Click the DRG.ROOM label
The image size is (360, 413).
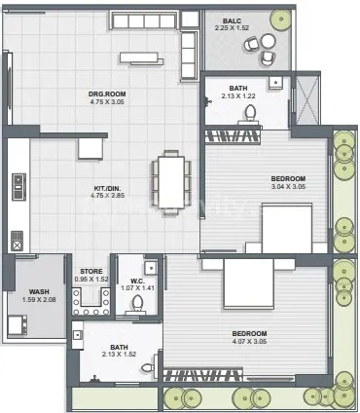(x=107, y=94)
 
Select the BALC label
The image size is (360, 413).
(x=232, y=20)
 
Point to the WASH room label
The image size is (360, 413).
(x=39, y=292)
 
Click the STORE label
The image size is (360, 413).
(x=91, y=271)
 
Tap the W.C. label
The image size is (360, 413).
(x=138, y=281)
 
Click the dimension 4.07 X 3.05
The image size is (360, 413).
(x=249, y=341)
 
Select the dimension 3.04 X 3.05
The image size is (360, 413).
(x=288, y=187)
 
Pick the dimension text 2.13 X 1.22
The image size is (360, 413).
(x=238, y=96)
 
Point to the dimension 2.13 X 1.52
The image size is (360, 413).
(x=119, y=355)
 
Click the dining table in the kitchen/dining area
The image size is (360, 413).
(x=171, y=182)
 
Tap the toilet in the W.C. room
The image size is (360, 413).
(x=137, y=304)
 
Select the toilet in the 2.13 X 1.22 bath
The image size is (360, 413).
(x=250, y=113)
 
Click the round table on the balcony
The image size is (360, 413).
(x=269, y=41)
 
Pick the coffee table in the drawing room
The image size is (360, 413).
(x=142, y=58)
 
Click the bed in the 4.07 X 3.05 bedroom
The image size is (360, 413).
(x=249, y=283)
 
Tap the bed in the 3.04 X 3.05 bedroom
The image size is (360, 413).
(x=287, y=228)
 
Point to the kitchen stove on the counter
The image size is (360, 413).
(x=18, y=187)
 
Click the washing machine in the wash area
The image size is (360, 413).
(x=18, y=325)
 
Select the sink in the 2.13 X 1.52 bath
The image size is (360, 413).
(x=78, y=335)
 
